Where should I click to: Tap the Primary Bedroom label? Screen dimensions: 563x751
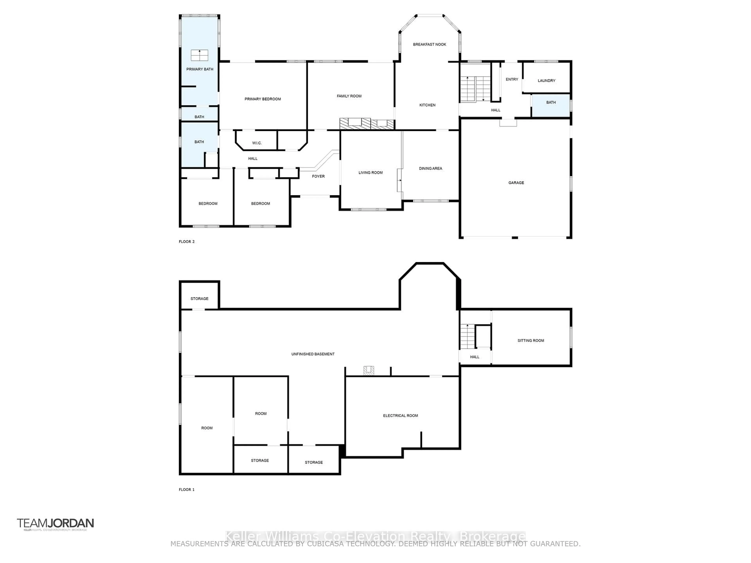[262, 99]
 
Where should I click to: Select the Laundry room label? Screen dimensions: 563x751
[546, 81]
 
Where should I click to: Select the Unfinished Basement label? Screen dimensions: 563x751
[313, 354]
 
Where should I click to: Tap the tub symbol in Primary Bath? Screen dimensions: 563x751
[199, 55]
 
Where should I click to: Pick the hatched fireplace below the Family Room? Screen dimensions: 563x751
[367, 124]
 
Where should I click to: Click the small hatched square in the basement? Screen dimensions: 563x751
[368, 371]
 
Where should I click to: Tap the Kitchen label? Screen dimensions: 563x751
[427, 105]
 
